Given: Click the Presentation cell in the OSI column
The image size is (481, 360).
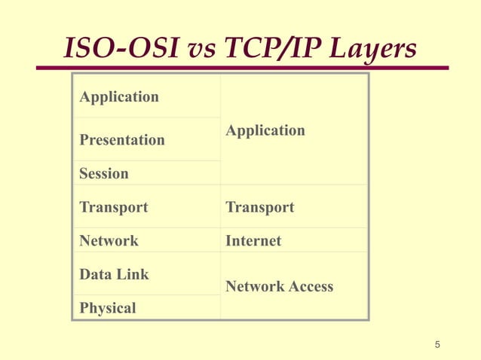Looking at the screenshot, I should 122,140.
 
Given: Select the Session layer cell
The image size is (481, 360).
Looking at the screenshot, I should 104,173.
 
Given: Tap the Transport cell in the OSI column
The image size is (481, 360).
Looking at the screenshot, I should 114,207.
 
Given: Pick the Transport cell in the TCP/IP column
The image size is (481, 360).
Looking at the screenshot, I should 259,207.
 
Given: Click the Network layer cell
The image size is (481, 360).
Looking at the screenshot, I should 109,241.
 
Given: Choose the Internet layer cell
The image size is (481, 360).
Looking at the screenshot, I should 253,241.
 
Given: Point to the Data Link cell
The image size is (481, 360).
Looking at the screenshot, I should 115,275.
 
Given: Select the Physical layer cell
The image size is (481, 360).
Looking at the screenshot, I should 108,308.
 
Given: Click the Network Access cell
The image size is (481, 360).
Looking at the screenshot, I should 279,286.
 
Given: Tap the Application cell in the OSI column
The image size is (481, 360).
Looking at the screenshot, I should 119,97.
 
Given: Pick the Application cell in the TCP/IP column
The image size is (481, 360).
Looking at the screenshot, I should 265,130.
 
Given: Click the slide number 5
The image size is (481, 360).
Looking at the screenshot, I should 437,345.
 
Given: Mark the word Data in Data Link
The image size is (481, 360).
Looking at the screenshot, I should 95,275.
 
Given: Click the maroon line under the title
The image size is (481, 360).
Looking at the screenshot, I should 241,68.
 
